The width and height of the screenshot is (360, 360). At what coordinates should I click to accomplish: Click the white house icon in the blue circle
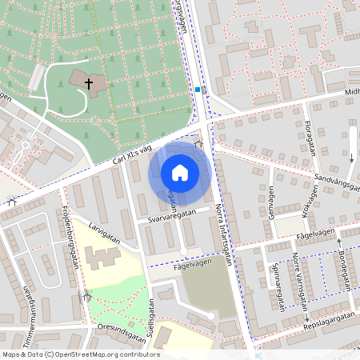coord(180,173)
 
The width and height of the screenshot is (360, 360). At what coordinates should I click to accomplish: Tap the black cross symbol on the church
coord(89,82)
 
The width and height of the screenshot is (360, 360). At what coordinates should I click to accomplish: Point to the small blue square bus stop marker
coord(198,90)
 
